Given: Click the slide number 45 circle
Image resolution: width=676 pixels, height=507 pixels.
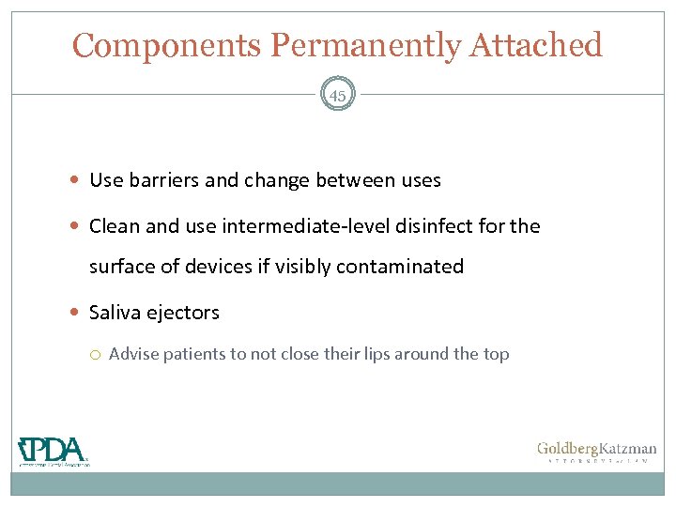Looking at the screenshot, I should pos(338,96).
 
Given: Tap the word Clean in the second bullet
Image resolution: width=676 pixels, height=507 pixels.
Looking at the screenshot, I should pos(115,225).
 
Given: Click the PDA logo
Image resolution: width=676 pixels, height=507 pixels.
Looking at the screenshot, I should pos(54,451).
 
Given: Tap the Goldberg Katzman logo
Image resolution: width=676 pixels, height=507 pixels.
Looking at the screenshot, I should pos(596,452).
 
